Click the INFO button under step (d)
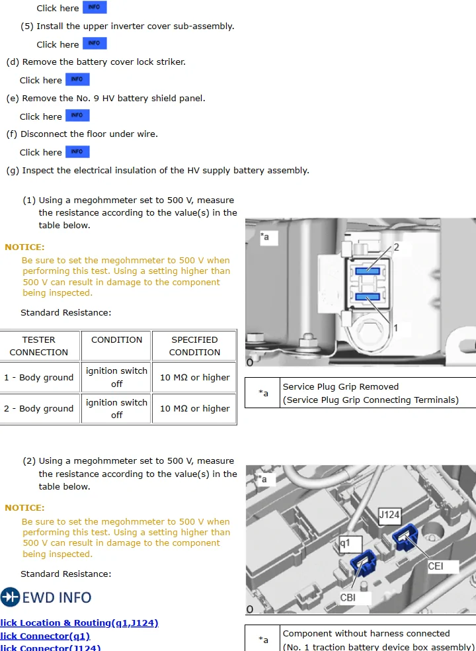(x=77, y=80)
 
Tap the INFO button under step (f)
(x=77, y=152)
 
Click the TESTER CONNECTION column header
(x=38, y=346)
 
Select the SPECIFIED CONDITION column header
(x=194, y=346)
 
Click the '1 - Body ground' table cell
(x=38, y=378)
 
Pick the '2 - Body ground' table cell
(x=38, y=409)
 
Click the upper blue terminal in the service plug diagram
(x=367, y=270)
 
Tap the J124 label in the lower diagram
(x=389, y=515)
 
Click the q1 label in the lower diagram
(x=345, y=544)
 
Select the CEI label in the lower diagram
(x=436, y=566)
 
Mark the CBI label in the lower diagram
(x=348, y=597)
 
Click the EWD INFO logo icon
(x=11, y=597)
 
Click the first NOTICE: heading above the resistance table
(x=24, y=247)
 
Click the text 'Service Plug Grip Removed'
(x=340, y=387)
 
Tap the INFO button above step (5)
(x=94, y=8)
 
